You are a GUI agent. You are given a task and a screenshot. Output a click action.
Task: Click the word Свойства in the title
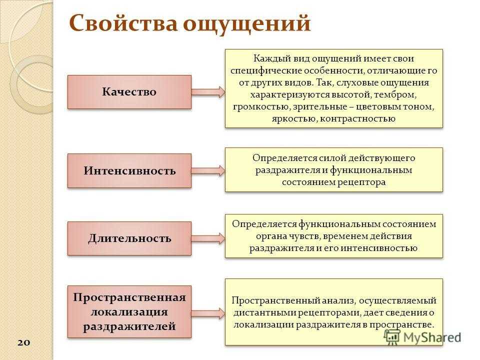coord(123,23)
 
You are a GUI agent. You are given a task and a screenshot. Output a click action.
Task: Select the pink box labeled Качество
coord(129,92)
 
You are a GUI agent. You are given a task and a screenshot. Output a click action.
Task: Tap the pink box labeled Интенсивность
coord(129,170)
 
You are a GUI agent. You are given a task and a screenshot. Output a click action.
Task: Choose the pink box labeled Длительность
coord(129,238)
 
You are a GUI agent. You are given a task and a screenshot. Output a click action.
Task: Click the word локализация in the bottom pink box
coord(129,312)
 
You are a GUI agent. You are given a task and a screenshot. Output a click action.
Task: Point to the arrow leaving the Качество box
coord(208,92)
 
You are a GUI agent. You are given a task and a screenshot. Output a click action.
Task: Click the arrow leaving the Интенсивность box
coord(208,170)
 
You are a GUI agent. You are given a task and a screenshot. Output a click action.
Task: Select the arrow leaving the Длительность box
coord(208,238)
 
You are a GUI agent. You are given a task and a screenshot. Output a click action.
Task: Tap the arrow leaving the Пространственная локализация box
coord(208,313)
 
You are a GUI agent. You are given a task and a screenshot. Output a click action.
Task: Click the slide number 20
coord(23,342)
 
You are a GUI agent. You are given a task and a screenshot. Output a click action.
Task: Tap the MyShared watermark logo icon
coord(392,337)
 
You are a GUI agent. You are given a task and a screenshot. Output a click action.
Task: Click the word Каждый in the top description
coord(268,58)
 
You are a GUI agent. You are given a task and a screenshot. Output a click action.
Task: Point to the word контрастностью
coord(358,119)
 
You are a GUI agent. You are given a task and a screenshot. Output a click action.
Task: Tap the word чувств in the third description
coord(304,236)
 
